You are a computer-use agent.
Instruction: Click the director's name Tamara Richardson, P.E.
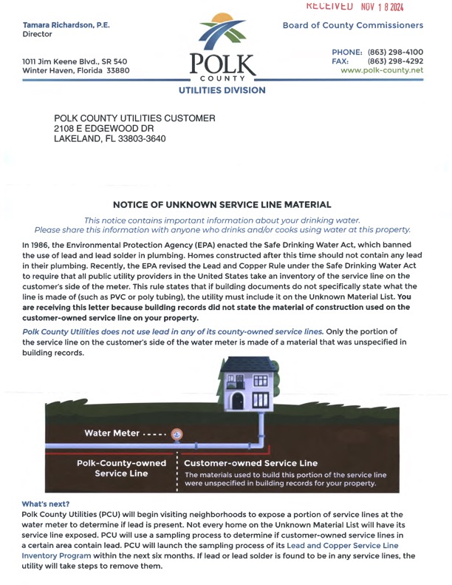(x=66, y=24)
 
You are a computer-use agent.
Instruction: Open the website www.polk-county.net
(x=381, y=71)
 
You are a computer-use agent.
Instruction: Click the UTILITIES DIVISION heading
(x=221, y=90)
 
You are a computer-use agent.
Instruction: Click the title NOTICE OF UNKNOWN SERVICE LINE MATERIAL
(x=222, y=204)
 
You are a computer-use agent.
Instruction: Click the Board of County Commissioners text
(x=353, y=25)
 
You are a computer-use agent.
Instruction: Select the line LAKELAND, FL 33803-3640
(x=110, y=139)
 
